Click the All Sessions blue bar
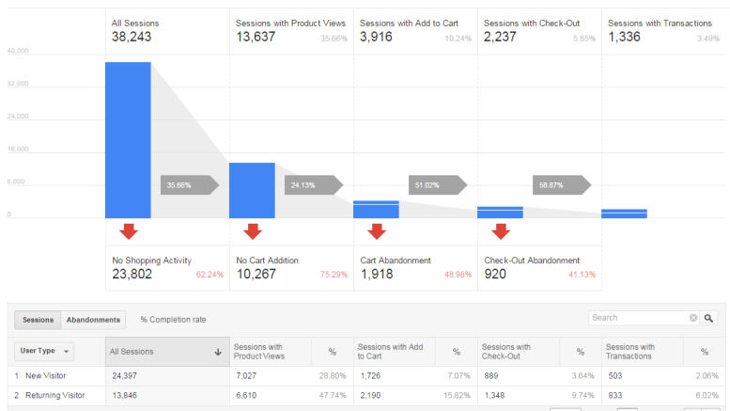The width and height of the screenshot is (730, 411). tap(128, 139)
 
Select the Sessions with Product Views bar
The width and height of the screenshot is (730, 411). tap(252, 190)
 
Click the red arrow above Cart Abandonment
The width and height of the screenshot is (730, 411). tap(377, 231)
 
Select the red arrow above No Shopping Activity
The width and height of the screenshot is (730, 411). tap(129, 231)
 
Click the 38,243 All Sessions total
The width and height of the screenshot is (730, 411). tap(132, 38)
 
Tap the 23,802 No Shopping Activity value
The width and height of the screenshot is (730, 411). tap(138, 275)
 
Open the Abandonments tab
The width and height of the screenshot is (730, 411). tap(93, 320)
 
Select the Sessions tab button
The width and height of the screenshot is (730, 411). tap(38, 320)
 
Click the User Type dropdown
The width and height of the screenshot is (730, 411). tap(45, 351)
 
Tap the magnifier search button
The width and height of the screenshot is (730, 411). tap(709, 318)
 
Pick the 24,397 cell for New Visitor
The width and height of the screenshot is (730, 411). tap(125, 375)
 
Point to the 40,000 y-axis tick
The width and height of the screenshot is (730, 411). tap(16, 51)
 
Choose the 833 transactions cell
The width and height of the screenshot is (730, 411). tap(615, 396)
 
